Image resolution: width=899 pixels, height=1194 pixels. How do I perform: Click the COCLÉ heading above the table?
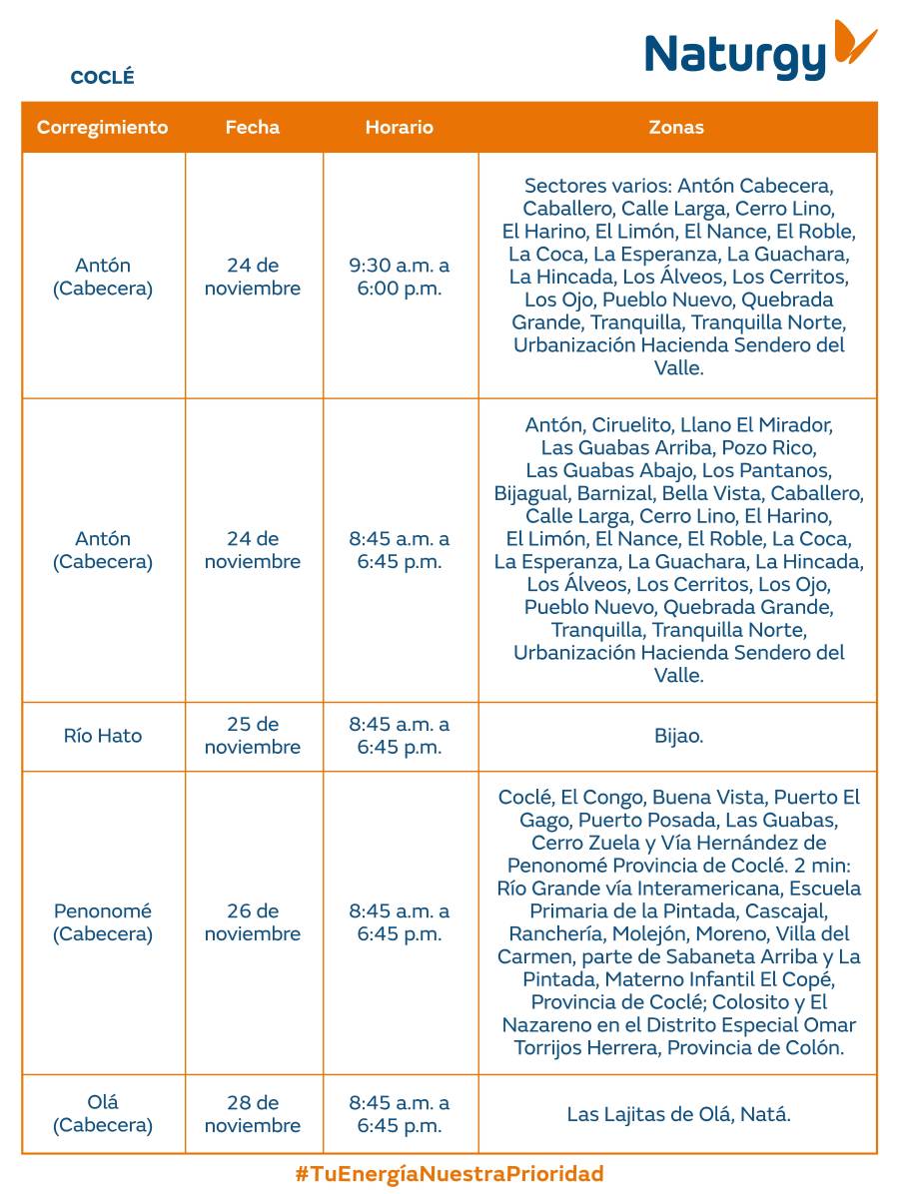point(102,78)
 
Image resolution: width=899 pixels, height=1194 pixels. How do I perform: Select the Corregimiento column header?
point(103,128)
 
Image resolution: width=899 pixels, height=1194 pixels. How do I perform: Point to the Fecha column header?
point(253,128)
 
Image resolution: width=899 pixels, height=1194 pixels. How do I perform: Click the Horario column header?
point(400,128)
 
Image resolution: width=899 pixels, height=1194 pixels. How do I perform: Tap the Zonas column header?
point(676,128)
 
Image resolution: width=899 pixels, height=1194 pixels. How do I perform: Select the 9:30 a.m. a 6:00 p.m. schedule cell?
point(400,277)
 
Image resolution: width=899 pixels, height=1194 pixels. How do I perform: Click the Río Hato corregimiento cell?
point(103,736)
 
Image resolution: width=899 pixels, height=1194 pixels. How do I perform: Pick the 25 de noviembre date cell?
point(253,736)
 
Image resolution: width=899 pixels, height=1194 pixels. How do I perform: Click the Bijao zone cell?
point(678,736)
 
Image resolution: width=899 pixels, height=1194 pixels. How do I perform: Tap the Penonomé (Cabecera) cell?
point(103,922)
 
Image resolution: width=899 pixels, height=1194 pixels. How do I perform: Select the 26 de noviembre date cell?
point(253,922)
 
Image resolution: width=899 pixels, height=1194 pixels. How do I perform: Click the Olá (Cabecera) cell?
point(103,1114)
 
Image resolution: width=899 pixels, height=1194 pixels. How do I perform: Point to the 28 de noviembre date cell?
point(253,1114)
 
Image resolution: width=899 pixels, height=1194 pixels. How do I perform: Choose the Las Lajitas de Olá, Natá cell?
point(678,1114)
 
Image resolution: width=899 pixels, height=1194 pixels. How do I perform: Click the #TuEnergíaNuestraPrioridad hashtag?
point(449,1174)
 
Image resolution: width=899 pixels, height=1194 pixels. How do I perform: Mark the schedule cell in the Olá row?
point(400,1114)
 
